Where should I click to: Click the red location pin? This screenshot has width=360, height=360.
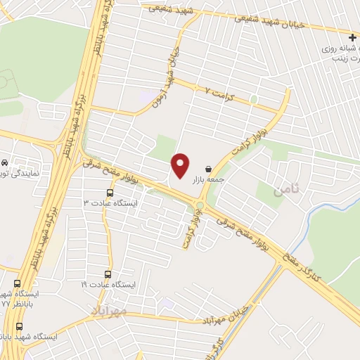click(181, 165)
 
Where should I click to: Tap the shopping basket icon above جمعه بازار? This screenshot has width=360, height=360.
click(208, 169)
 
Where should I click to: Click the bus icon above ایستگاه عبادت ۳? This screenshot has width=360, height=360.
click(110, 192)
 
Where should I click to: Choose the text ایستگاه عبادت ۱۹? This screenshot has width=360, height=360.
click(106, 285)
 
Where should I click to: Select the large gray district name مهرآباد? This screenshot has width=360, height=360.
click(108, 309)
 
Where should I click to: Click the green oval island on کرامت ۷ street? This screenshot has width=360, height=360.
click(253, 100)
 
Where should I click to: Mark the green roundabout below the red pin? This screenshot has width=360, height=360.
click(200, 205)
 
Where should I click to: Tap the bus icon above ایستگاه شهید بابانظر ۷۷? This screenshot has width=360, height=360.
click(18, 326)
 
